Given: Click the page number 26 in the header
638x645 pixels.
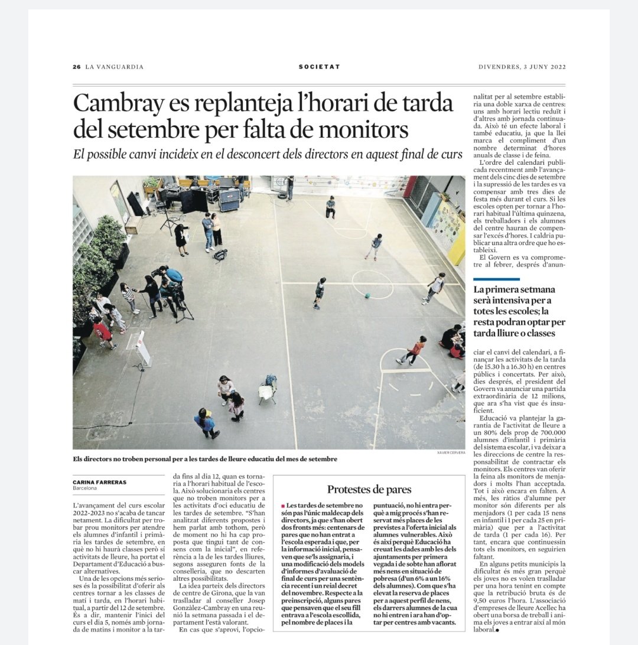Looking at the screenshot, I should click(x=76, y=67).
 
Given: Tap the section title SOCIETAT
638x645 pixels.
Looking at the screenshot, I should click(x=319, y=67).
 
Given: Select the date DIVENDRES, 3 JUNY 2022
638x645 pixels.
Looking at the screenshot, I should click(x=522, y=67).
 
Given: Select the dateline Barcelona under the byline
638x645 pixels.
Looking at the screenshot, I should click(x=85, y=489).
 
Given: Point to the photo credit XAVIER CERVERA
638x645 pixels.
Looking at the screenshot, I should click(x=451, y=452).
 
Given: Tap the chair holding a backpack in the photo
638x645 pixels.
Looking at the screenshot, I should click(x=268, y=390).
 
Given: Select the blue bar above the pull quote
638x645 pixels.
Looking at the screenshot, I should click(x=497, y=279).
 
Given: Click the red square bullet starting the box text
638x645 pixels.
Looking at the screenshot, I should click(x=283, y=507).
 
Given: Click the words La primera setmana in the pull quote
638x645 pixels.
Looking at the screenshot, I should click(x=509, y=290).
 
